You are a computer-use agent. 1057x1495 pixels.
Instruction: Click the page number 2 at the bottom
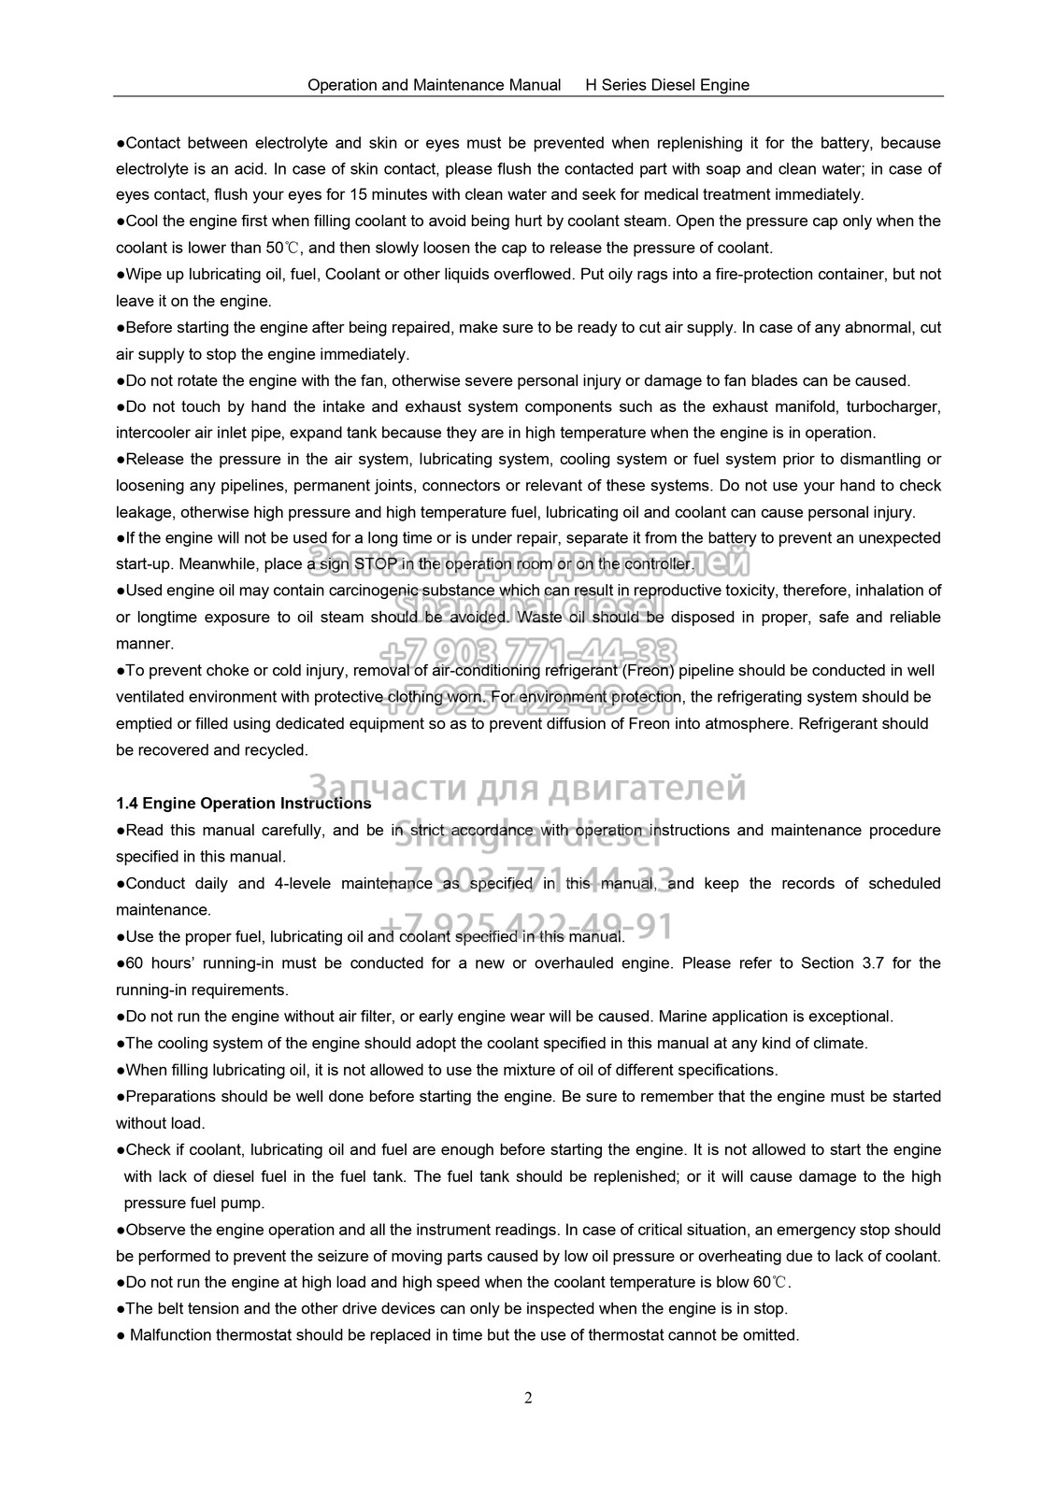528,1399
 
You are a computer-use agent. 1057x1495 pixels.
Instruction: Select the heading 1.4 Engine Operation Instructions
243,804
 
